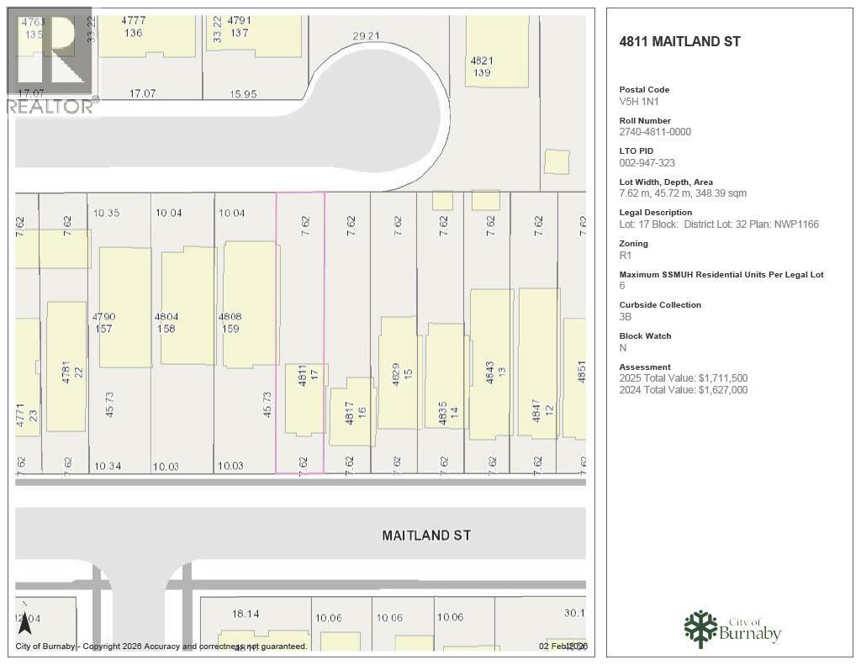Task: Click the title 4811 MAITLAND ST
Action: [x=679, y=41]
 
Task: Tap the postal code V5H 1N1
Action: [x=638, y=101]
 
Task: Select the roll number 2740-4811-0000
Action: [x=655, y=132]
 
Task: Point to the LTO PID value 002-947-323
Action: [x=647, y=163]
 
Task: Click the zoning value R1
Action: [x=626, y=255]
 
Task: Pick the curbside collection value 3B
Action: [x=626, y=317]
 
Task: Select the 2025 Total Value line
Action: [x=683, y=378]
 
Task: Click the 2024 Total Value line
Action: [x=683, y=390]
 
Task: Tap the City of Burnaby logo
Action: [x=732, y=629]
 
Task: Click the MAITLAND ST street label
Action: [x=426, y=535]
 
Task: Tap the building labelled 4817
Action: [x=351, y=412]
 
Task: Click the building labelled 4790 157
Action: [x=125, y=307]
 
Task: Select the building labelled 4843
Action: [x=491, y=364]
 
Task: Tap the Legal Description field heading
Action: [x=655, y=213]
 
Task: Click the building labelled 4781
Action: [x=66, y=367]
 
